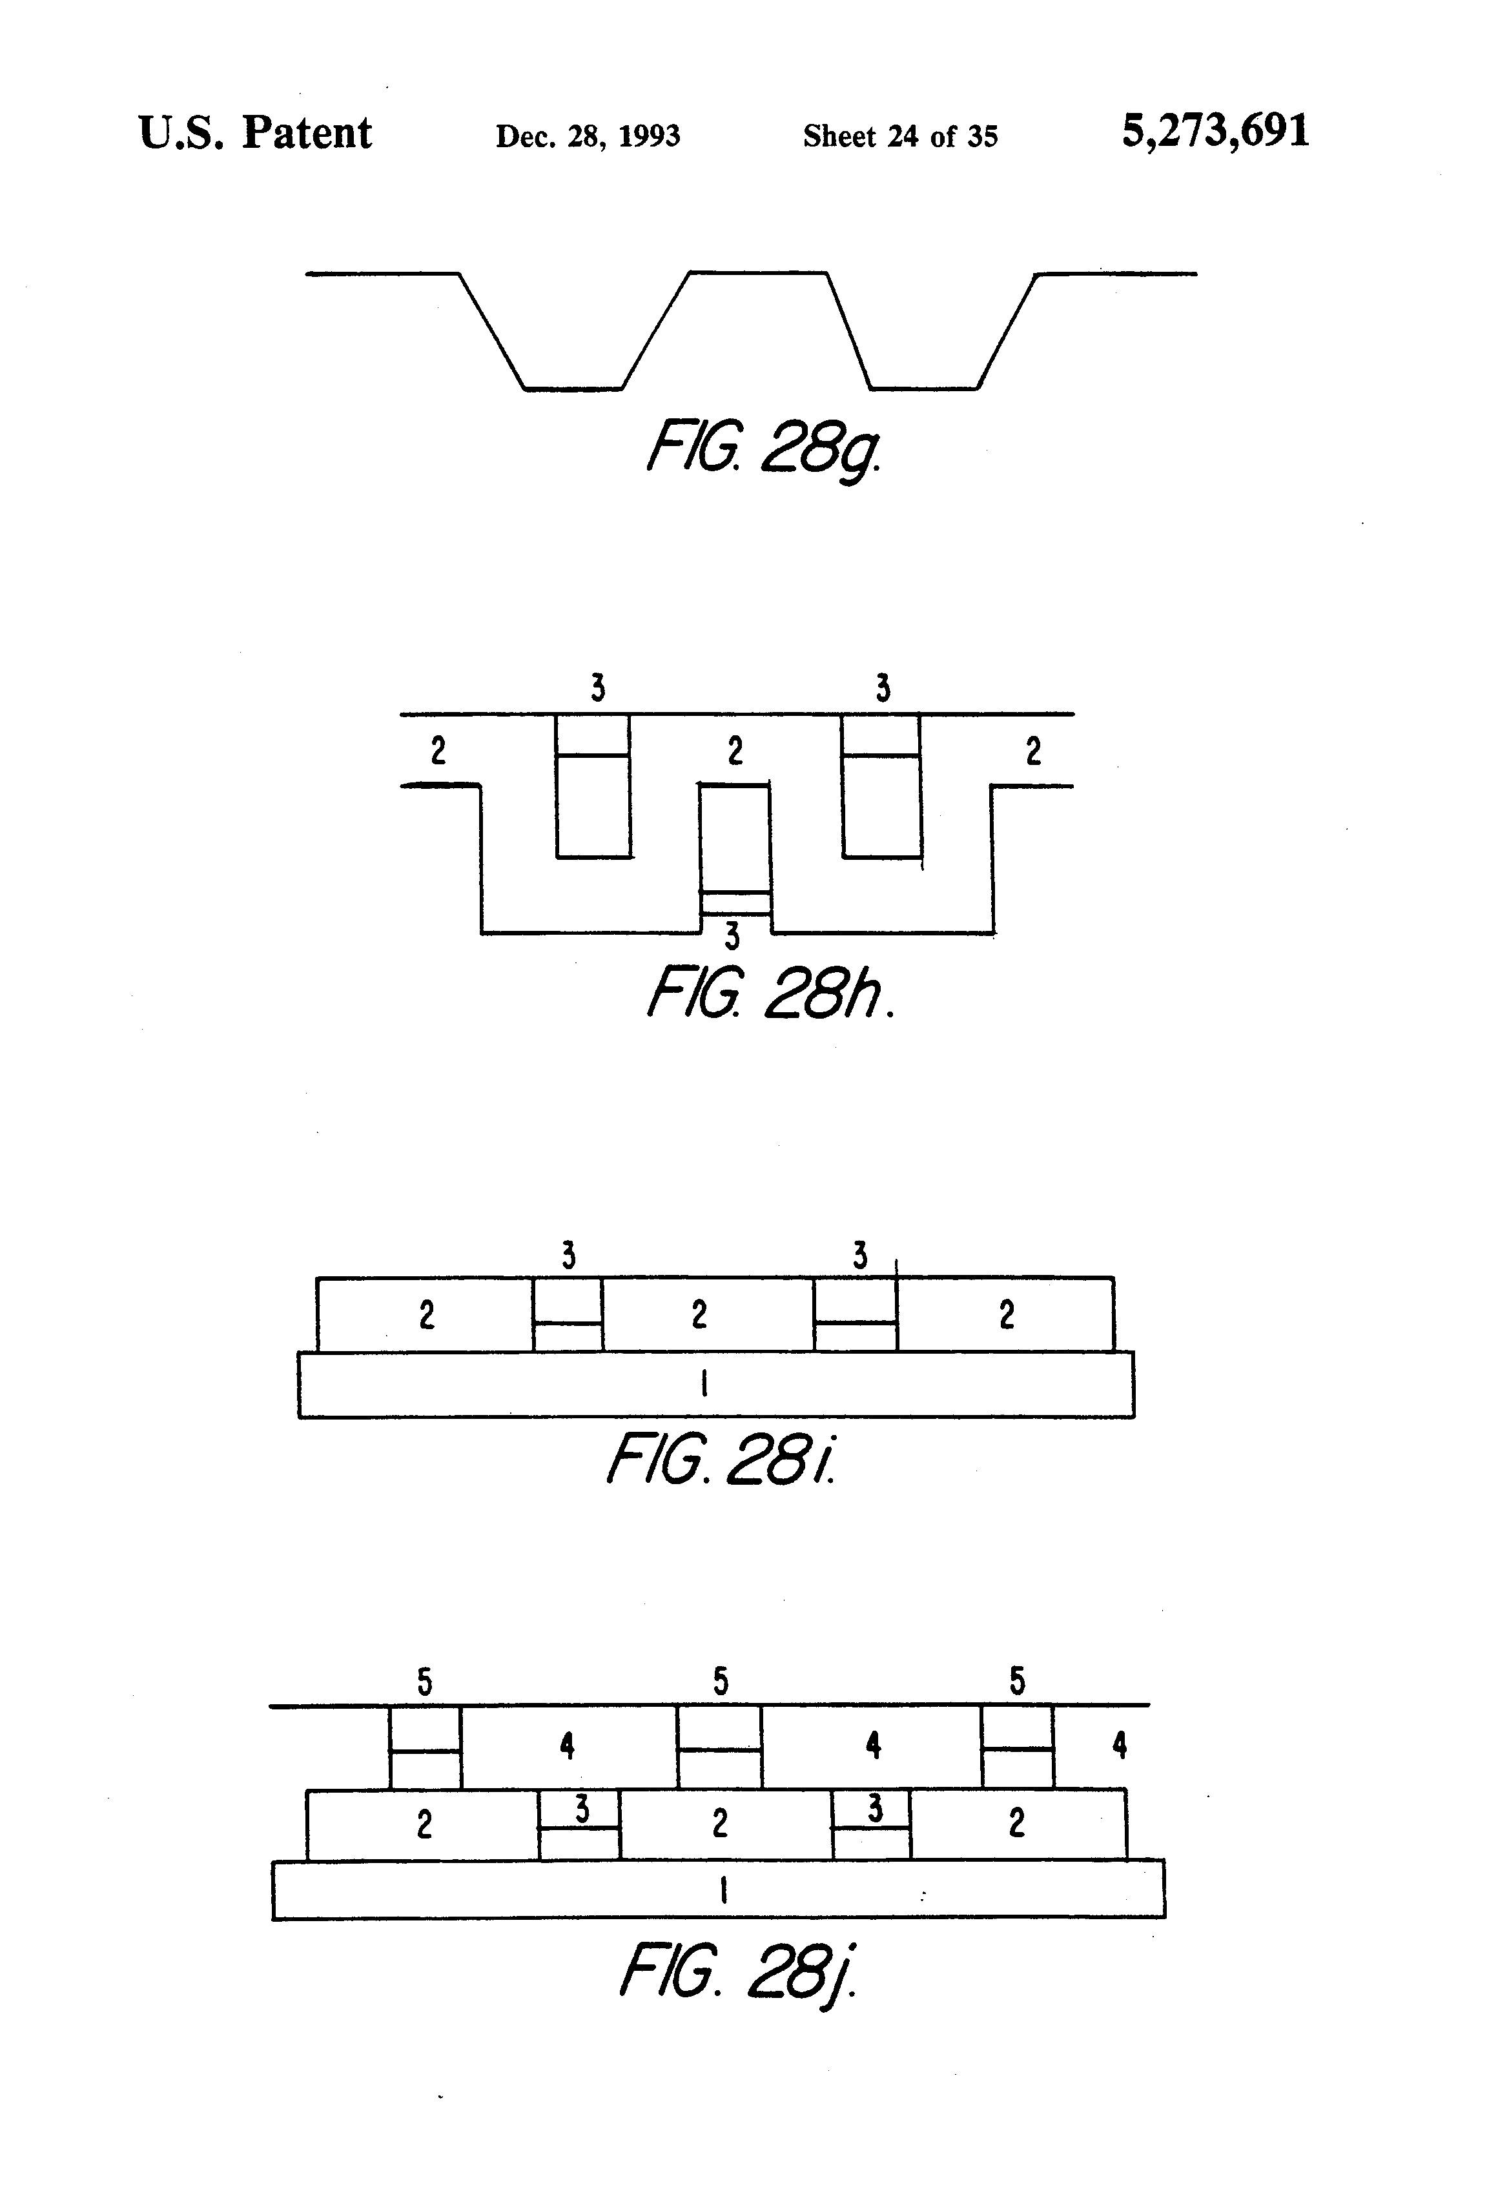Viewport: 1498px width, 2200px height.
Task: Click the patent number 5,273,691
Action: pyautogui.click(x=1216, y=132)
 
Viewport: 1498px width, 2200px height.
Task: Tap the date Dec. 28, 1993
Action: pyautogui.click(x=588, y=136)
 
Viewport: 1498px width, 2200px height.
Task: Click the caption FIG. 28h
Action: pyautogui.click(x=769, y=994)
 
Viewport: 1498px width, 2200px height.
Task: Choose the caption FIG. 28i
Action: pyautogui.click(x=721, y=1460)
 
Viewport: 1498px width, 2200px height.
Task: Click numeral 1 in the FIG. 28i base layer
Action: pyautogui.click(x=704, y=1385)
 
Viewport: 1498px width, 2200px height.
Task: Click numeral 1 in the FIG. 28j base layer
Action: pyautogui.click(x=723, y=1890)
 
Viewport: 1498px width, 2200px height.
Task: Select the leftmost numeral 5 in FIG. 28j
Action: pyautogui.click(x=425, y=1682)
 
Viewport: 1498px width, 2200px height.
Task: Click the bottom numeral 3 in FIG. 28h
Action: pyautogui.click(x=732, y=936)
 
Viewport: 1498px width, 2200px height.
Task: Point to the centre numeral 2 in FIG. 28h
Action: pyautogui.click(x=735, y=751)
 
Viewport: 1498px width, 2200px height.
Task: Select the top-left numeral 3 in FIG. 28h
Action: pyautogui.click(x=597, y=687)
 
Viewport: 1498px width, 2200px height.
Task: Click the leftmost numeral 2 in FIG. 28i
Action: pyautogui.click(x=427, y=1315)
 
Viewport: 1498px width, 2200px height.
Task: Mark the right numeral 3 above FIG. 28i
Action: pyautogui.click(x=860, y=1256)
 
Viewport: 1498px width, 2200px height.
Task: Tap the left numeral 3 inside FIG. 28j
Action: pyautogui.click(x=582, y=1810)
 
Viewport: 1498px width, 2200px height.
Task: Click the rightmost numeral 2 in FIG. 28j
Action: pyautogui.click(x=1017, y=1822)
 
